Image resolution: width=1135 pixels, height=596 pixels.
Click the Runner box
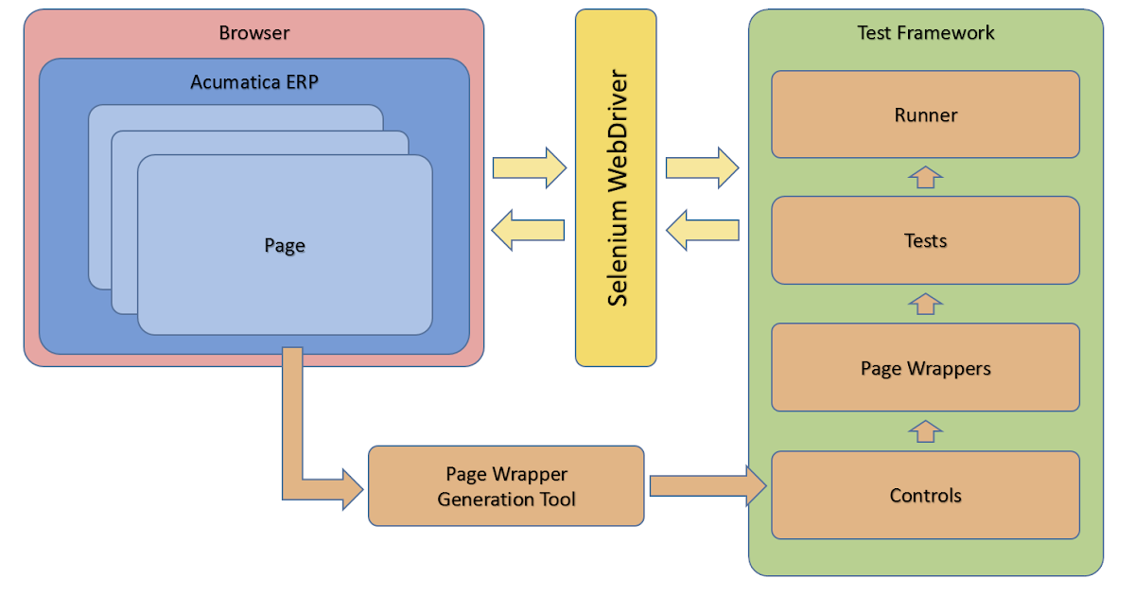click(x=925, y=114)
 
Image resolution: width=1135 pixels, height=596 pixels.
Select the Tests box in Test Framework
click(x=925, y=240)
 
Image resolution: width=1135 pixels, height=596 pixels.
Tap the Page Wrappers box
click(x=925, y=368)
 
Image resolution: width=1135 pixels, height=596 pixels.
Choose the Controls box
click(x=925, y=495)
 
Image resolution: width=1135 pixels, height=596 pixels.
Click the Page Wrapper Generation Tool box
click(x=505, y=486)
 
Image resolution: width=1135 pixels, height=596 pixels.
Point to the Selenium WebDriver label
click(x=617, y=187)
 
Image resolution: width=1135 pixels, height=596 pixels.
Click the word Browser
click(x=253, y=33)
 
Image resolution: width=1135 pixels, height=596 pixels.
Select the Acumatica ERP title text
click(x=253, y=81)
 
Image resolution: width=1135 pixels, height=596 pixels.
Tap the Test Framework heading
click(x=925, y=33)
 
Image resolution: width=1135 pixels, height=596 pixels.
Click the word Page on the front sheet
click(x=284, y=246)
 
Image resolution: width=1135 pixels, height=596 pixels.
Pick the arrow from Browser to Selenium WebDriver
click(x=529, y=168)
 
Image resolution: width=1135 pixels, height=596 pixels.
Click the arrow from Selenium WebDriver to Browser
click(x=528, y=229)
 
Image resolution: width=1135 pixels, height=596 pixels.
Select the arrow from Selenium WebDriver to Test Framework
click(x=702, y=168)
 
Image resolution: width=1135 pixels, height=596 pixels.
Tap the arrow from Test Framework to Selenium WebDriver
click(x=702, y=229)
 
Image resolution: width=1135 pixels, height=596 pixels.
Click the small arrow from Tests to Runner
click(x=926, y=177)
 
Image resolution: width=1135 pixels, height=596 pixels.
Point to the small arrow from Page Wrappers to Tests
click(x=926, y=304)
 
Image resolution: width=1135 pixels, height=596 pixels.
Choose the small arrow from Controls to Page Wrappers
click(x=926, y=431)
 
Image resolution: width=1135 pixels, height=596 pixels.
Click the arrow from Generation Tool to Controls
click(x=707, y=485)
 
